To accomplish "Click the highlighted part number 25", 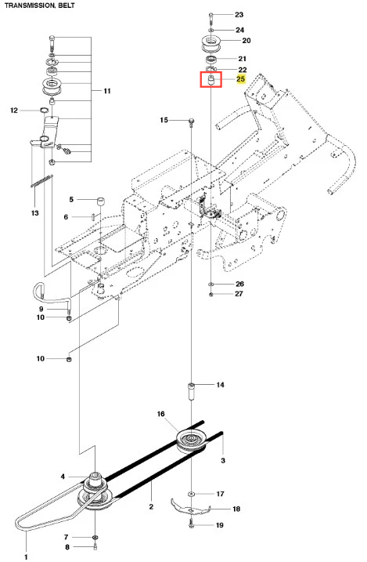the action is coord(241,79).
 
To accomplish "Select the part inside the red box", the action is coord(210,80).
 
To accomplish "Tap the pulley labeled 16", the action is coord(192,441).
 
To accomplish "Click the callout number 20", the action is coord(246,41).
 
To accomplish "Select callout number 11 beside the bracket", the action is coord(107,91).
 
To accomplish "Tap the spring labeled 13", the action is coord(41,180).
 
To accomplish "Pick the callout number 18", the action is coord(236,509).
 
